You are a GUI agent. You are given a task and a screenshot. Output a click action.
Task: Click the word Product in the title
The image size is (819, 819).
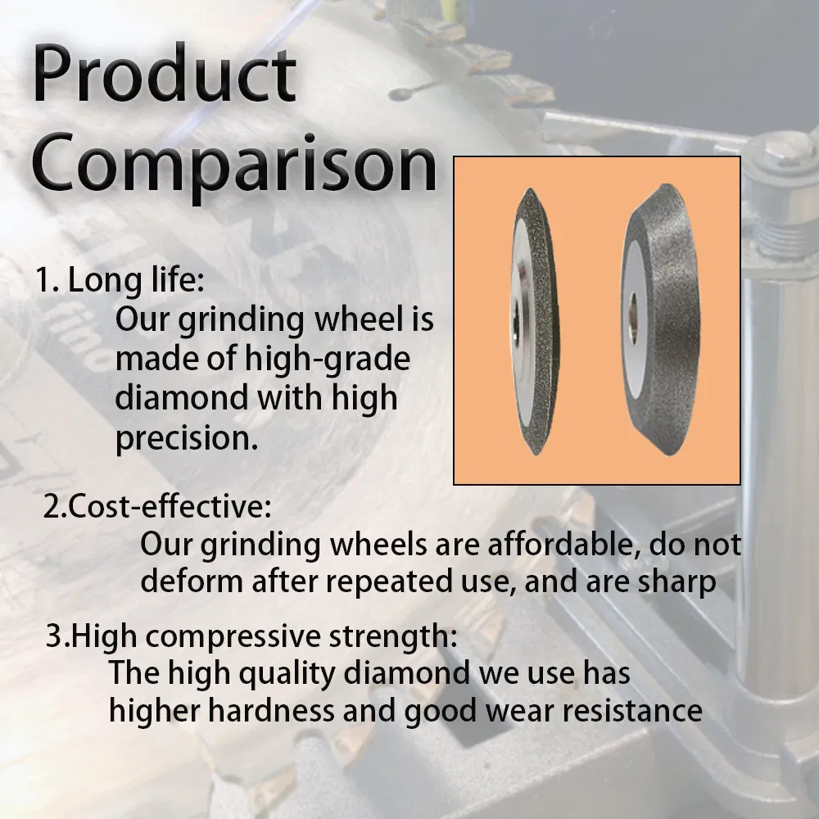pos(164,75)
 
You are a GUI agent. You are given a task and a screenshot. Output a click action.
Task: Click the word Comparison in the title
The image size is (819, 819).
pos(233,164)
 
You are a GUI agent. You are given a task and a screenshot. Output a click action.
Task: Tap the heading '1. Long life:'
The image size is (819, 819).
pos(119,280)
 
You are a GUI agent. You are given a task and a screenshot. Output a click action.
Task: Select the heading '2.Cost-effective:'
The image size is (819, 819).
pos(156,507)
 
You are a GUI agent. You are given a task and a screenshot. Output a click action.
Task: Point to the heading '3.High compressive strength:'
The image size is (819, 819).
pos(251,636)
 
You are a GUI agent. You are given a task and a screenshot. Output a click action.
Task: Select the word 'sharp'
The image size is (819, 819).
pos(676,582)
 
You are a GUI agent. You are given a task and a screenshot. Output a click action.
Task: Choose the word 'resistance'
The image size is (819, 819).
pos(634,711)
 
